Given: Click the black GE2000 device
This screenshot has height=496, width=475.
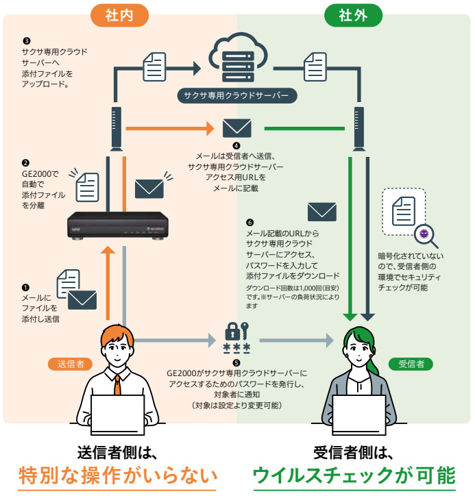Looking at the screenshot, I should tap(121, 227).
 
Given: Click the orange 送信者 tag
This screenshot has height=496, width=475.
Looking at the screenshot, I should tap(71, 364).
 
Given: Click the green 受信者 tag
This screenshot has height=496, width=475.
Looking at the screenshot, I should tap(411, 364).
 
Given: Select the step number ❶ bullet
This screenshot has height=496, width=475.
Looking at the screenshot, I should tap(26, 288).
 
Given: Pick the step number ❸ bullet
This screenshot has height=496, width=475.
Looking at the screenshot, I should tap(26, 41).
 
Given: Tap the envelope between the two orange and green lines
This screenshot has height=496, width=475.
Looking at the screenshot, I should tap(236, 128).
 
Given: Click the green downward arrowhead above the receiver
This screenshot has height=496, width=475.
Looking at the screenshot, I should tap(350, 317).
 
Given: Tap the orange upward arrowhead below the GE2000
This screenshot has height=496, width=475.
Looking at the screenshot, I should tap(109, 251).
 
